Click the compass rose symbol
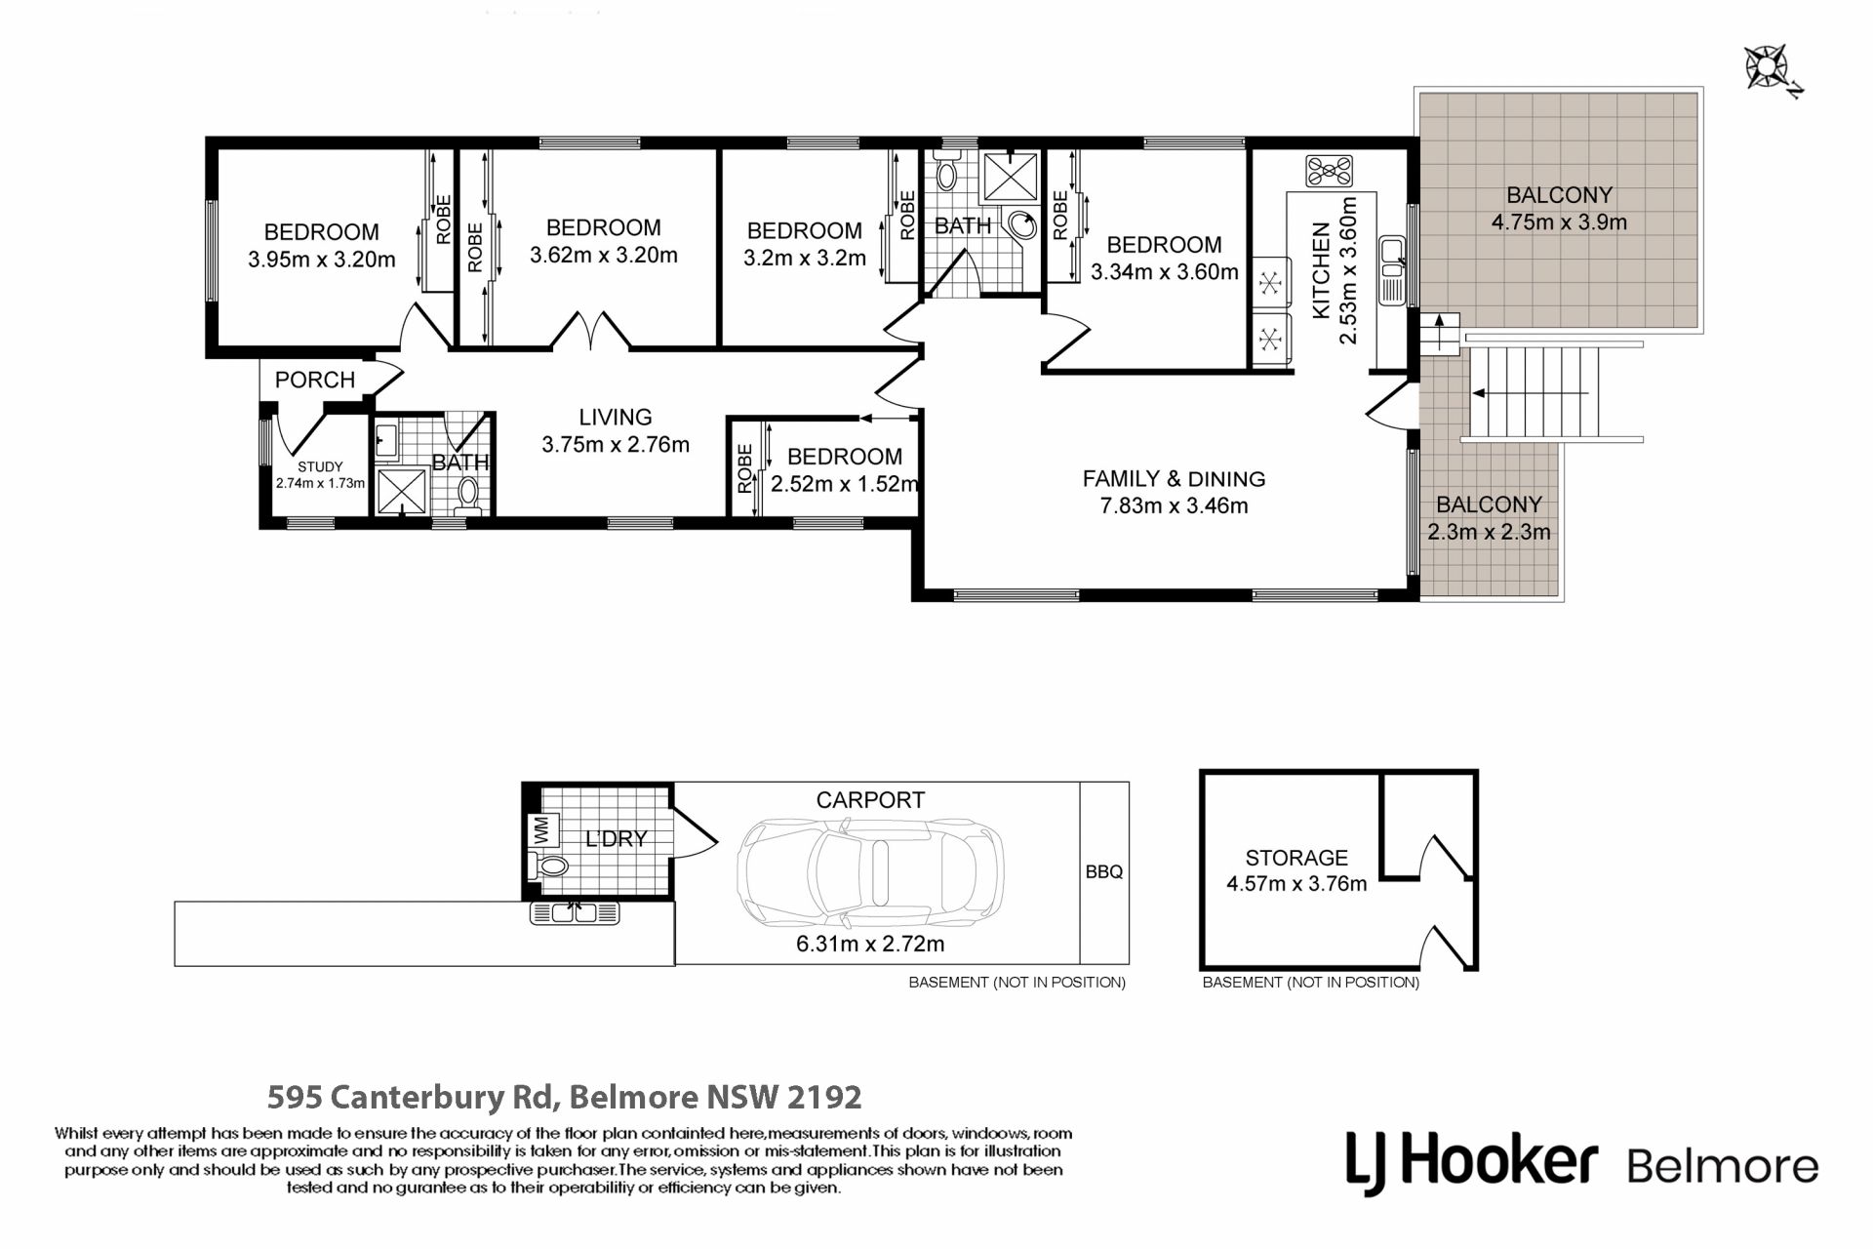point(1768,69)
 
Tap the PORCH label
point(315,380)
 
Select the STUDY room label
point(320,466)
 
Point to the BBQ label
point(1104,872)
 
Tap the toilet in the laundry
point(549,865)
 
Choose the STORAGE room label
point(1296,858)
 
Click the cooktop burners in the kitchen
point(1331,172)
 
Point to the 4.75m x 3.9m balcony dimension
point(1559,222)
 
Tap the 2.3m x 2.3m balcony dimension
point(1489,532)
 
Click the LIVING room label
point(616,417)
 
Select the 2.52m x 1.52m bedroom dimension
point(844,483)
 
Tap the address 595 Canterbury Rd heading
point(565,1097)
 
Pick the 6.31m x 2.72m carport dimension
point(870,944)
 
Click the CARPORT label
point(870,800)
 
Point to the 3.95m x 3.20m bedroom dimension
point(322,260)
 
